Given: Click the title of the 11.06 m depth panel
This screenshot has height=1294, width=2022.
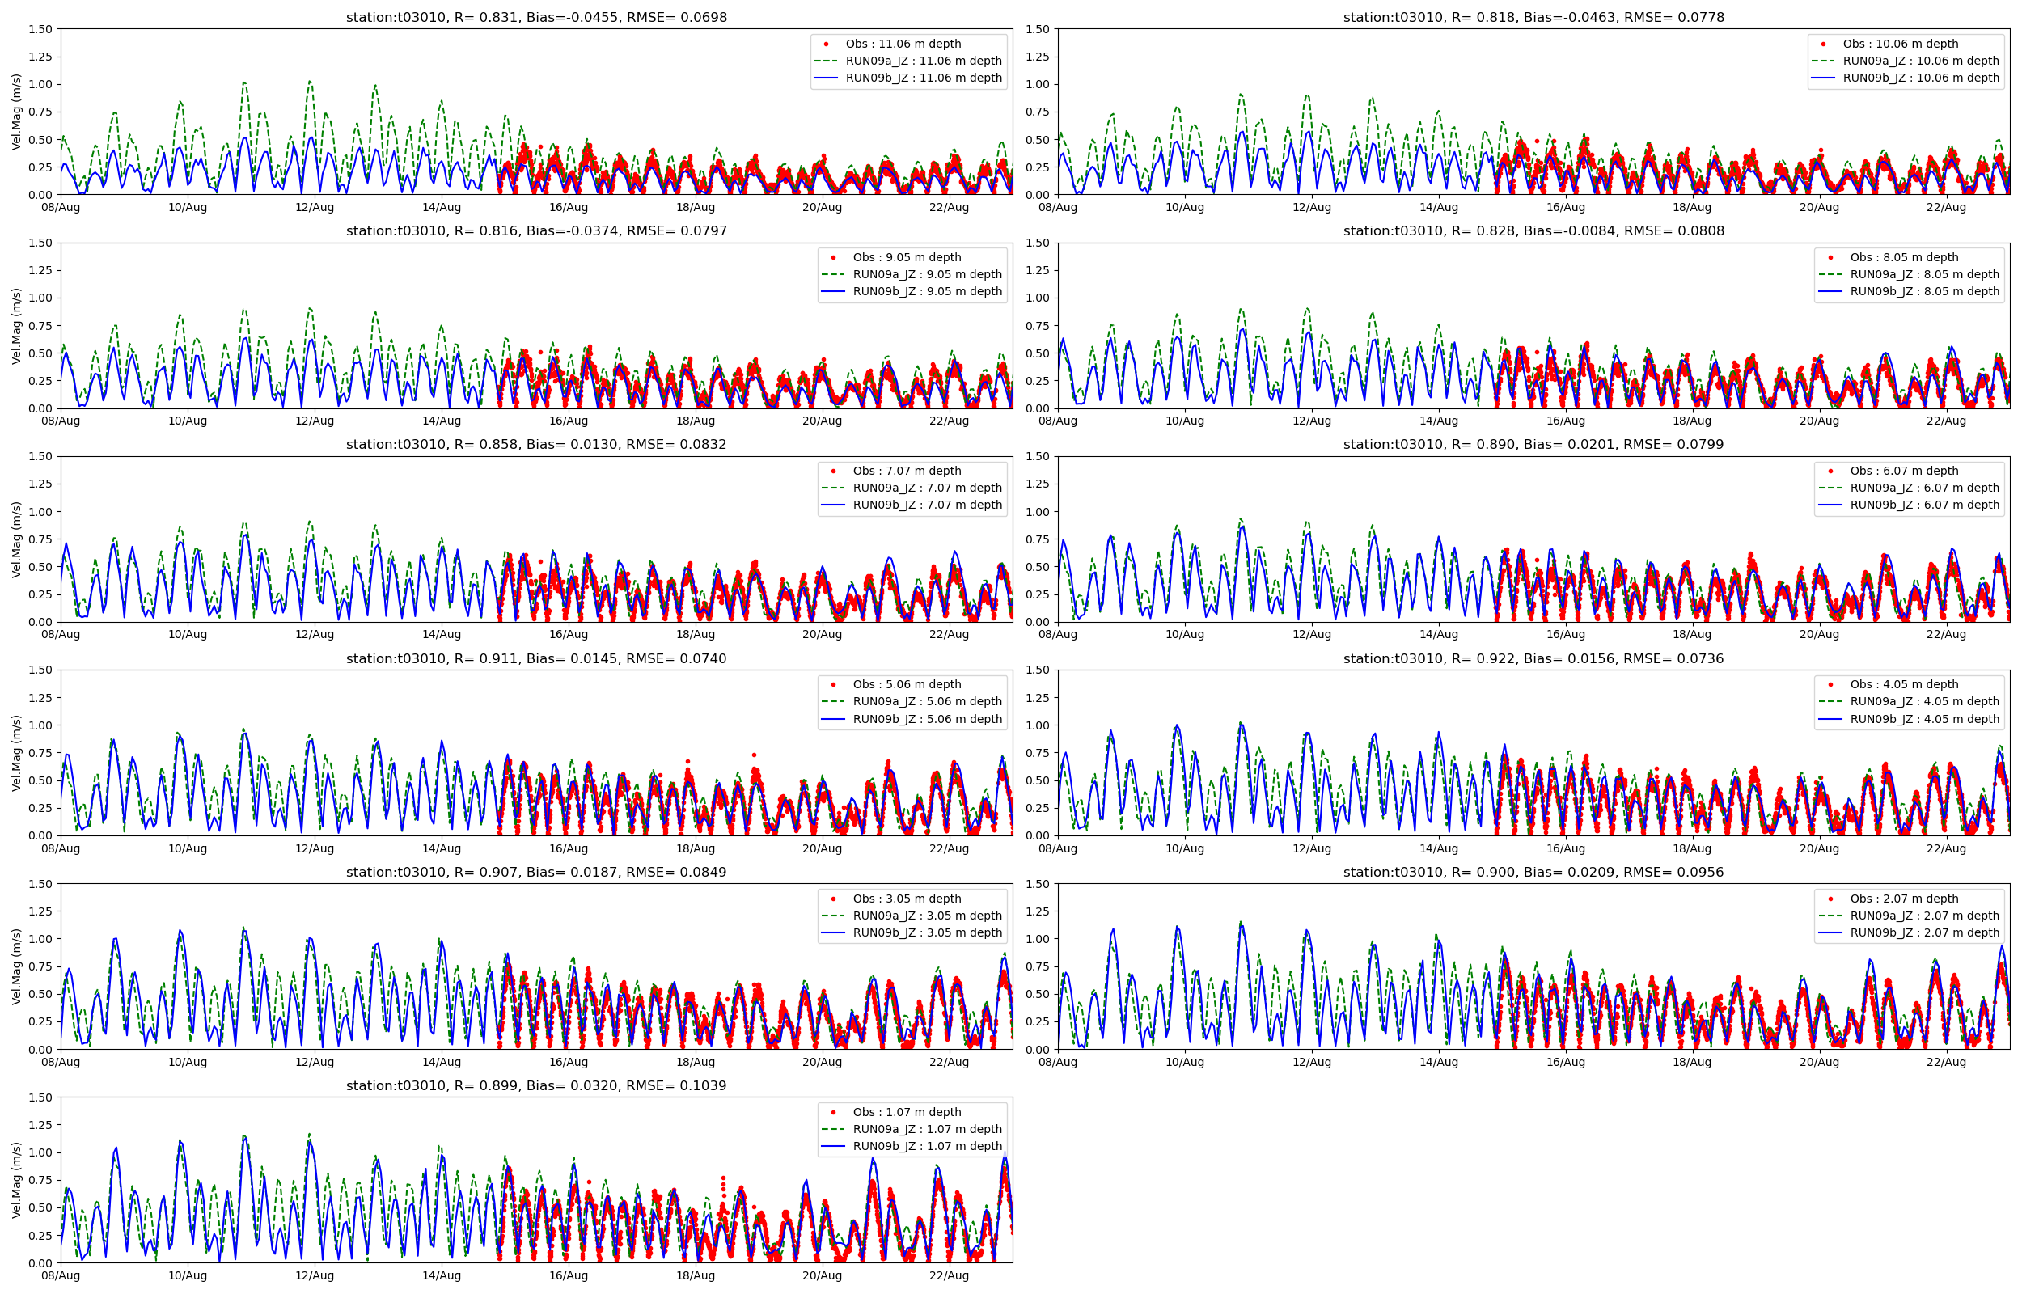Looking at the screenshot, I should click(536, 17).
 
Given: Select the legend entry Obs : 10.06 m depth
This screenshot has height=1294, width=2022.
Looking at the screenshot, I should click(1899, 44).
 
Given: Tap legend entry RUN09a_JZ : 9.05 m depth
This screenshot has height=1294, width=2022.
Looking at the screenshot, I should click(927, 274).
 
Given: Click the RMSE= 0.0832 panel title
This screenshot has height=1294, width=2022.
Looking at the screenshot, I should click(536, 445).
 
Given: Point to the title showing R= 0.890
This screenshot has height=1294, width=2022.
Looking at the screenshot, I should click(1533, 445).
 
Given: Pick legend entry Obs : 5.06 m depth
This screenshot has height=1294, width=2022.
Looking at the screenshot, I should click(907, 684).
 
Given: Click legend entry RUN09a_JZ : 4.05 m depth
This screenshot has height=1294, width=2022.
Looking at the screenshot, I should click(1923, 702).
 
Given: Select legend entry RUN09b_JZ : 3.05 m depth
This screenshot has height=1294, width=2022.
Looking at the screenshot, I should click(927, 932).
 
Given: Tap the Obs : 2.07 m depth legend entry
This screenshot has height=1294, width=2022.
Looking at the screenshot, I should click(1904, 899).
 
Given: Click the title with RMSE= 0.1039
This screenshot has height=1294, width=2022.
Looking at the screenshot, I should click(536, 1085).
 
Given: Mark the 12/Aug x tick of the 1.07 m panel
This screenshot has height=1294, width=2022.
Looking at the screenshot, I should click(314, 1275).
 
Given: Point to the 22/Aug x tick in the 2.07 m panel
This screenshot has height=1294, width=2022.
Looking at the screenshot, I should click(1945, 1062).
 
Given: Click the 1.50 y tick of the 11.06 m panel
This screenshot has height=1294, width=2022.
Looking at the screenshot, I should click(41, 29).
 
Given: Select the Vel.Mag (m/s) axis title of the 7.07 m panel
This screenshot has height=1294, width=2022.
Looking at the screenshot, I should click(17, 539).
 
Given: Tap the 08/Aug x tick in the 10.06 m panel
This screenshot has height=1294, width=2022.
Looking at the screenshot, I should click(1058, 208).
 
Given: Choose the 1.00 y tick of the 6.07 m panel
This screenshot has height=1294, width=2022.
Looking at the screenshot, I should click(1038, 512).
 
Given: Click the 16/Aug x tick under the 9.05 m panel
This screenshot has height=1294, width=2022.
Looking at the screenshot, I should click(568, 421).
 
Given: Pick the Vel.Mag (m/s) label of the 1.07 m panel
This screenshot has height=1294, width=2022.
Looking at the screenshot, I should click(17, 1180).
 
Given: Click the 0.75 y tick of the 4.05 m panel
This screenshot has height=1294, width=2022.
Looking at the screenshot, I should click(1038, 754).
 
